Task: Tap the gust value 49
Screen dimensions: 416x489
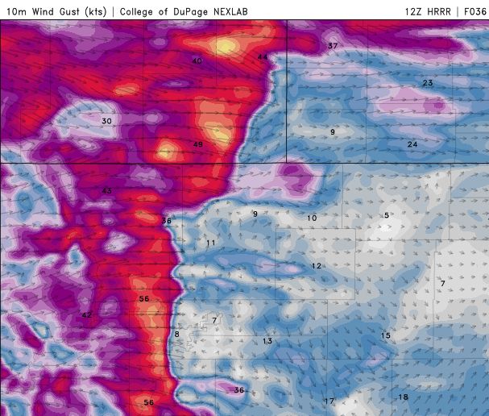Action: (197, 144)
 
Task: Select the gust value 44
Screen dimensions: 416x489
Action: (263, 57)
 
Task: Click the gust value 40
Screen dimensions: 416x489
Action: (197, 61)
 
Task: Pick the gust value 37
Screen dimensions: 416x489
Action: (333, 46)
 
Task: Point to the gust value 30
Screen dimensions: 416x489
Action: (106, 121)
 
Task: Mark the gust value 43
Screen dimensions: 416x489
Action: (106, 190)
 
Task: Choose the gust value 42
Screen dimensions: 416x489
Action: (86, 315)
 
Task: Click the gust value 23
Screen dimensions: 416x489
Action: (428, 84)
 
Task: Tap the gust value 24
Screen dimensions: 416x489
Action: (412, 144)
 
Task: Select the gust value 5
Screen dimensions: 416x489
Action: (387, 215)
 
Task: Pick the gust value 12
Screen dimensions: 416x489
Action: (317, 266)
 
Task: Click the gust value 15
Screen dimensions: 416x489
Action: (386, 335)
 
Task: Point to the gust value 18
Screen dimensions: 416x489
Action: (404, 397)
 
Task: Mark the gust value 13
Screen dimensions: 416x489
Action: (267, 341)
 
